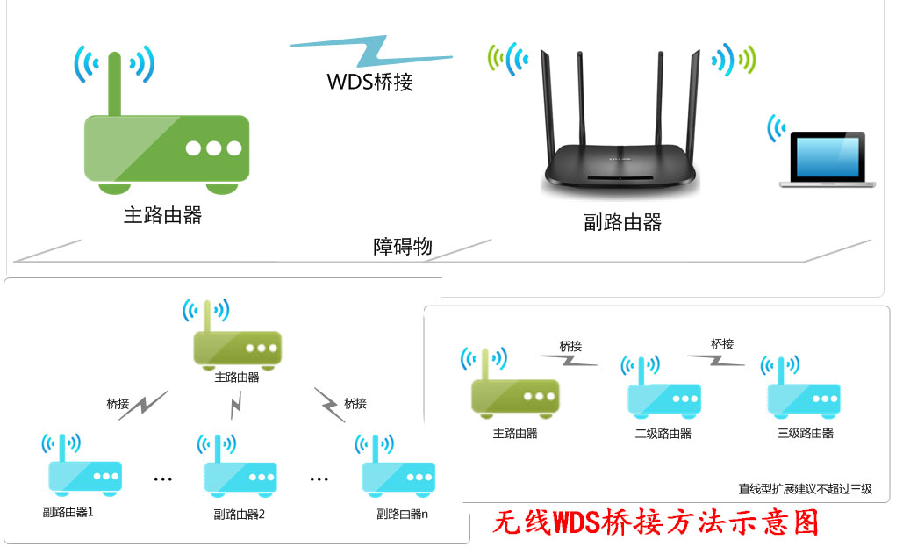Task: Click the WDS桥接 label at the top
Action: pos(370,83)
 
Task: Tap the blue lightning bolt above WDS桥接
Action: pos(372,51)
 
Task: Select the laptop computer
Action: pos(828,160)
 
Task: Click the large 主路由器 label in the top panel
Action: pos(163,214)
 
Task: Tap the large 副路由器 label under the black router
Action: pos(622,222)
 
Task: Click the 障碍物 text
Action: pos(403,247)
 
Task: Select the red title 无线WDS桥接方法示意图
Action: pos(656,523)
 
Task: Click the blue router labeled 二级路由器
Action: pos(664,396)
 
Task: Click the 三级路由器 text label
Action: pos(806,434)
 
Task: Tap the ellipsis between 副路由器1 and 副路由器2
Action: pos(162,479)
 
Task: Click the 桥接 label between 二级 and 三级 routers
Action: pos(722,344)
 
